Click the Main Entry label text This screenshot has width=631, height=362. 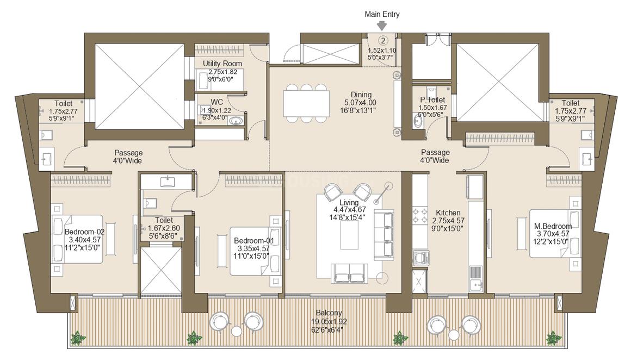(x=382, y=14)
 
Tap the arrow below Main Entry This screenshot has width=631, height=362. (x=382, y=26)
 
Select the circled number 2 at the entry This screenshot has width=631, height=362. (x=383, y=40)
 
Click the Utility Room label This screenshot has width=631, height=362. (x=222, y=64)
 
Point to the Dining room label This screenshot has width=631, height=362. (x=361, y=95)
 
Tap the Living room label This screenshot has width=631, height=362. (x=349, y=202)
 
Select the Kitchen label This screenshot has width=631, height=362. (x=448, y=213)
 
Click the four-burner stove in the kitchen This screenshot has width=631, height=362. (x=420, y=215)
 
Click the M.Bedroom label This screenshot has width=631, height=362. (x=553, y=226)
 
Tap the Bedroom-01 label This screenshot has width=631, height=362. (x=254, y=241)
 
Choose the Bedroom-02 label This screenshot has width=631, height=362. (x=84, y=232)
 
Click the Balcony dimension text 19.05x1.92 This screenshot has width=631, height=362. (x=329, y=322)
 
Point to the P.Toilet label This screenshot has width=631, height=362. (x=432, y=100)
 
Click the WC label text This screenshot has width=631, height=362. (x=216, y=103)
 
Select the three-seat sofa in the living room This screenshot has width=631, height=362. (x=384, y=235)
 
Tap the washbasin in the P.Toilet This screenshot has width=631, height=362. (x=418, y=121)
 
